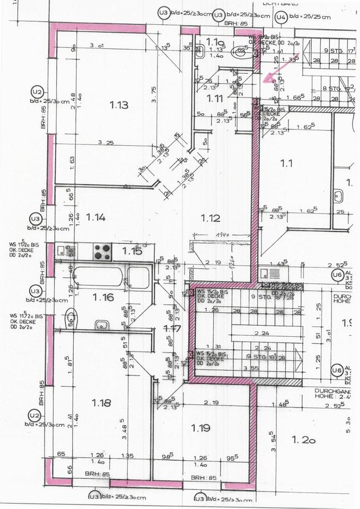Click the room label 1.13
coord(119,105)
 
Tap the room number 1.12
coord(210,217)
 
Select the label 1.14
coord(96,216)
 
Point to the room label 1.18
coord(101,403)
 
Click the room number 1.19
coord(200,428)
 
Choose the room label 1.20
coord(304,439)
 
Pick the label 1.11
coord(215,98)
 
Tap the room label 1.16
coord(104,297)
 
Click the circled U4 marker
coord(281,18)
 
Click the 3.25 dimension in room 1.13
coord(107,143)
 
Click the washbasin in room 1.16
coord(102,324)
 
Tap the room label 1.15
coord(132,251)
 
